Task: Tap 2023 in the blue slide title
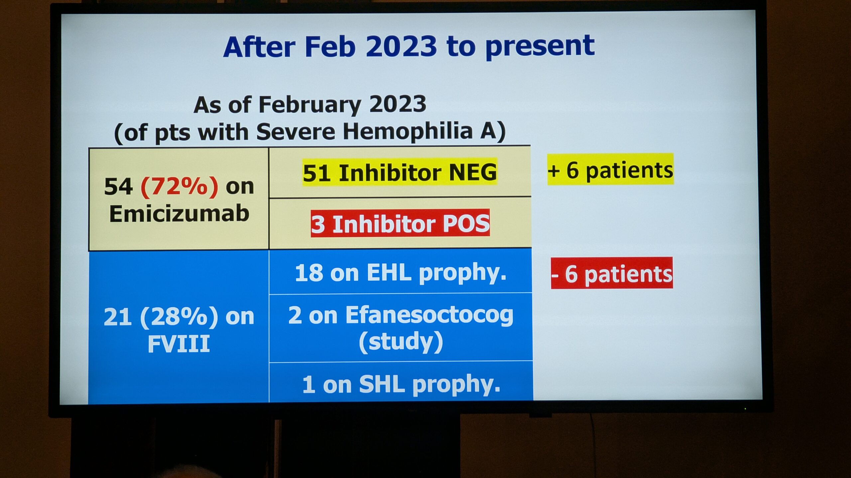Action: tap(401, 46)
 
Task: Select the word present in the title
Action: tap(540, 46)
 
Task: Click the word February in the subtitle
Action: tap(310, 105)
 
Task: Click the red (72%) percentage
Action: tap(180, 187)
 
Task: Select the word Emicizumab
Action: tap(179, 213)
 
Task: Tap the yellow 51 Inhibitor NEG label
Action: tap(400, 172)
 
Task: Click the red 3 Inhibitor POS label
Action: tap(400, 223)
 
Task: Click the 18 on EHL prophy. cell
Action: tap(401, 273)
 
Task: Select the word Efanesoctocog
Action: tap(429, 315)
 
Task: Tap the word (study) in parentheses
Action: tap(401, 342)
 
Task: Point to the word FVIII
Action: tap(179, 344)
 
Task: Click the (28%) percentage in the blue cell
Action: tap(179, 317)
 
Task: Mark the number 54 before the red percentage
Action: tap(118, 187)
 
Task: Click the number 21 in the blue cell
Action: tap(117, 317)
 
